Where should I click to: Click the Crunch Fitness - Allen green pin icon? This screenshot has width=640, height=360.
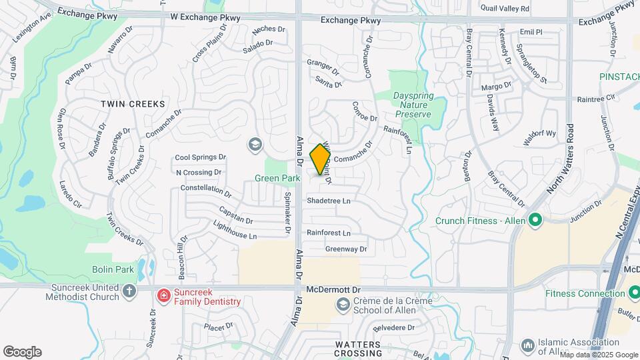tap(534, 220)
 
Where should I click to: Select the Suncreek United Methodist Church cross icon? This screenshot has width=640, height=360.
tap(129, 291)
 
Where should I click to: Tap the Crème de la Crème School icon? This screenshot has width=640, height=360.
tap(343, 305)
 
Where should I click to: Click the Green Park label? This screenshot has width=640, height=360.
tap(277, 178)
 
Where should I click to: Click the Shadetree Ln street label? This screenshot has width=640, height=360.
tap(328, 200)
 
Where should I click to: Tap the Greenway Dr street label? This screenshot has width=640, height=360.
tap(345, 249)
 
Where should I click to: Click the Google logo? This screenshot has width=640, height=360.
tap(22, 352)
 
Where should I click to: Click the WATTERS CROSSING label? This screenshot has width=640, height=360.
tap(358, 344)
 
